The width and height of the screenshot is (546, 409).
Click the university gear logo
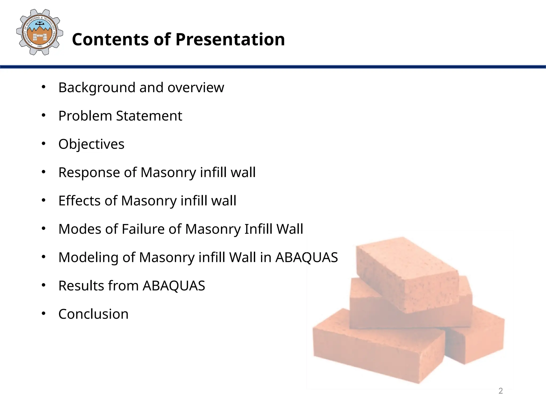[39, 32]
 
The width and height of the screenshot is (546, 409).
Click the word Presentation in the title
[230, 39]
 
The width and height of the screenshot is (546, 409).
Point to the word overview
[196, 88]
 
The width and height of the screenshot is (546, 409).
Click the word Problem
[85, 116]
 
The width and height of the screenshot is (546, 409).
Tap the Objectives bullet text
[91, 144]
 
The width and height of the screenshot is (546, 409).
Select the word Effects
[79, 201]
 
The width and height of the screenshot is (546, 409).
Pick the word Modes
[79, 229]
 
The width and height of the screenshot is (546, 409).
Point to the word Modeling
[88, 257]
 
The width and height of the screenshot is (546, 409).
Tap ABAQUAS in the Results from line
[174, 286]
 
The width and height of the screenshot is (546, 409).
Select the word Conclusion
[93, 314]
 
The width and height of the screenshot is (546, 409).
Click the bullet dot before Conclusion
[44, 313]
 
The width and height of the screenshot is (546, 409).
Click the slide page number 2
[500, 391]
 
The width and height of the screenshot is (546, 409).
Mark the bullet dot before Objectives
[44, 144]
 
